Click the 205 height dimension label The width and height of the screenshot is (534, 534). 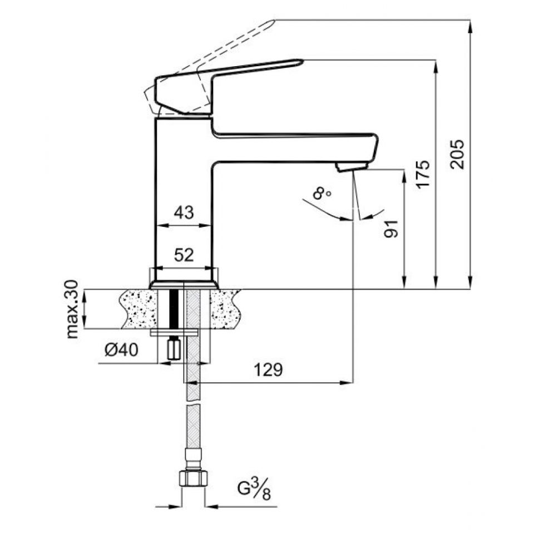pyautogui.click(x=457, y=153)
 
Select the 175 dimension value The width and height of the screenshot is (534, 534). pyautogui.click(x=423, y=174)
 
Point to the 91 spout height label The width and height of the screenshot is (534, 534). pyautogui.click(x=392, y=228)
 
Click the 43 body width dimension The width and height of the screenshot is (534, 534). pyautogui.click(x=184, y=212)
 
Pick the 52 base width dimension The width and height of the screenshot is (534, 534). pyautogui.click(x=184, y=255)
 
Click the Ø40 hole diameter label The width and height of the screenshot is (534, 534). pyautogui.click(x=121, y=350)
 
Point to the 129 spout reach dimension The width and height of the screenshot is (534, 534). pyautogui.click(x=269, y=369)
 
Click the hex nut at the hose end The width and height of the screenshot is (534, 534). pyautogui.click(x=193, y=479)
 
